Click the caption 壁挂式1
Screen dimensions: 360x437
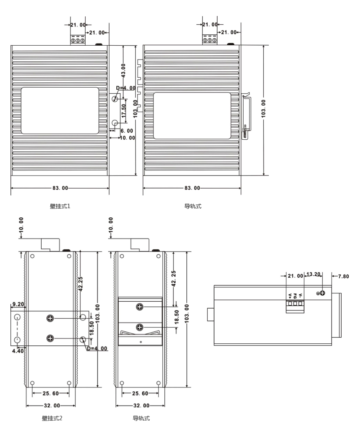click(60, 206)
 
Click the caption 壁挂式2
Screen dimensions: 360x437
click(52, 418)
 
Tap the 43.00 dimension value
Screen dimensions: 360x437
click(124, 70)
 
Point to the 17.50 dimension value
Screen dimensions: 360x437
click(124, 110)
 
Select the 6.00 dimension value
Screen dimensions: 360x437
click(127, 131)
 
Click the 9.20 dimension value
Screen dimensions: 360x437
click(18, 304)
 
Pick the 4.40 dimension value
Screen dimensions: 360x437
click(18, 351)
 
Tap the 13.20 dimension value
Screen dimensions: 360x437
click(313, 274)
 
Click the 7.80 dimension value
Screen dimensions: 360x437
click(344, 276)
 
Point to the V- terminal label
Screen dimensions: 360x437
click(300, 295)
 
